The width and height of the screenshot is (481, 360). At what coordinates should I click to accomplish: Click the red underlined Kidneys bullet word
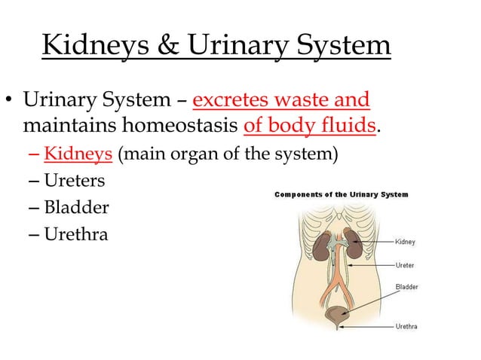[x=78, y=155]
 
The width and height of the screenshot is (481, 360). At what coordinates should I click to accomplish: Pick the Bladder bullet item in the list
[x=76, y=208]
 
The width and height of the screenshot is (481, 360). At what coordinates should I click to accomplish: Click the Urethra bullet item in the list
[x=76, y=234]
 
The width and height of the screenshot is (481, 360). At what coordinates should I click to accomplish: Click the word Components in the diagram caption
[x=302, y=194]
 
